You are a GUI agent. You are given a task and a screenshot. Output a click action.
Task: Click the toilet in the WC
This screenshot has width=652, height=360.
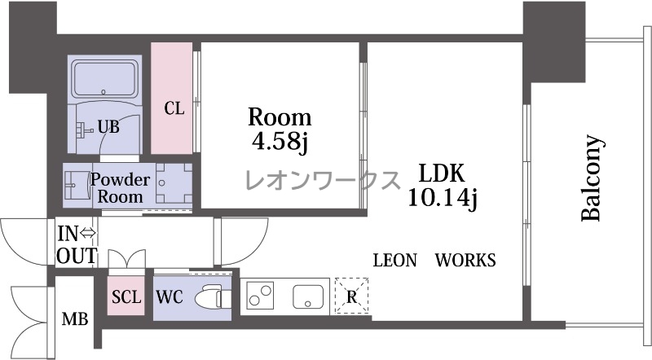pos(213,296)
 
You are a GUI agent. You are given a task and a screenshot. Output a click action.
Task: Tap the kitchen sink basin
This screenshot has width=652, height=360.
pos(308,296)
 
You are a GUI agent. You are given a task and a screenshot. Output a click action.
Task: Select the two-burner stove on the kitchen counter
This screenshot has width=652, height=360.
pos(260,295)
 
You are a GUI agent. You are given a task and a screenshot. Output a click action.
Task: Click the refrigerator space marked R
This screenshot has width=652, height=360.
pos(351,296)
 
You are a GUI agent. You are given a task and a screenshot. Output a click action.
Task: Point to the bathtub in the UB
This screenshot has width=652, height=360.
pos(104,79)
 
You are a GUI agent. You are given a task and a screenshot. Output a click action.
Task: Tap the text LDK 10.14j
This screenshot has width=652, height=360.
pos(442,185)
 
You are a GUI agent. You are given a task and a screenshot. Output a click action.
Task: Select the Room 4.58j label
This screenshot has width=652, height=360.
pos(280,130)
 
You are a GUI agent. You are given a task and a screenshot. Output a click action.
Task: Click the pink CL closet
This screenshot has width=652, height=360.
pos(171,98)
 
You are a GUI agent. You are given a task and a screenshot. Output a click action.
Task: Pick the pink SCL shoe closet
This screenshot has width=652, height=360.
pos(126,296)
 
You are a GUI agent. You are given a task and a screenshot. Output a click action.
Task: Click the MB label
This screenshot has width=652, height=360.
pos(75,319)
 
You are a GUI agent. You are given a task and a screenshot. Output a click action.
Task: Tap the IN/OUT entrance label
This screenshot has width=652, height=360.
pos(77,245)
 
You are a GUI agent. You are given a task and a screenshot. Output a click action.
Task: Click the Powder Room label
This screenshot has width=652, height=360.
pos(120,188)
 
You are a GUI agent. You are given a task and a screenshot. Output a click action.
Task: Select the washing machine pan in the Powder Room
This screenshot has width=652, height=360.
pos(174,183)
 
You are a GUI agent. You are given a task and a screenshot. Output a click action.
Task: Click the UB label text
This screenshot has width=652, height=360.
pos(108,127)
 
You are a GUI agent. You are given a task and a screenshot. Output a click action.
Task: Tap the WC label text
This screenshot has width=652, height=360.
pos(170,297)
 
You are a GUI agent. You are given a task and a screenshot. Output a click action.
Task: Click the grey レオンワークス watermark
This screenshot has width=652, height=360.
pos(323,180)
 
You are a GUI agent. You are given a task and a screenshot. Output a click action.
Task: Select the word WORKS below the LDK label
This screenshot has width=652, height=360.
pos(465,261)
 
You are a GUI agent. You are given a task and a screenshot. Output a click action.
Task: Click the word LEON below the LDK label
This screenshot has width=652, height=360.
pos(394,261)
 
